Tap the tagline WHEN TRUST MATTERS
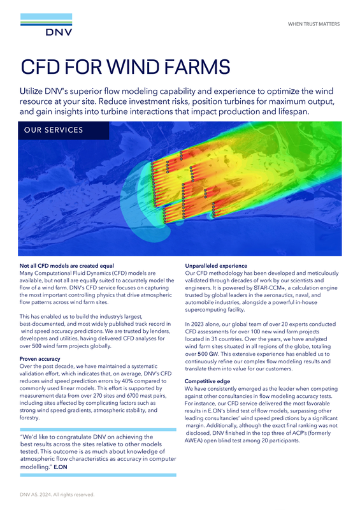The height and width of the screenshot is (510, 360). tap(313, 24)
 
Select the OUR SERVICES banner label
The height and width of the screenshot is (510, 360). tap(54, 131)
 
